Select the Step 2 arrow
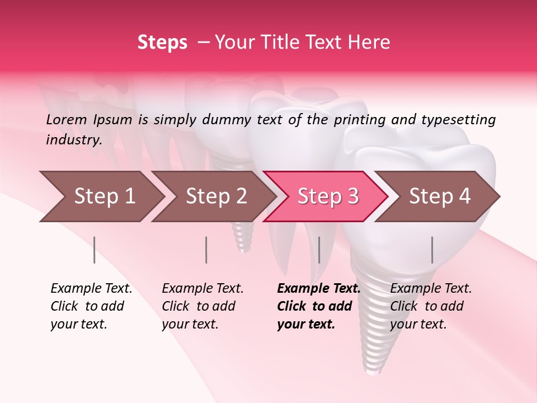tap(215, 196)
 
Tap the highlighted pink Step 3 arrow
tap(327, 196)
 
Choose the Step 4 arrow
tap(439, 196)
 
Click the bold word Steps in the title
tap(162, 42)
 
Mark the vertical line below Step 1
tap(94, 250)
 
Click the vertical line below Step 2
tap(206, 250)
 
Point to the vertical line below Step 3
tap(319, 250)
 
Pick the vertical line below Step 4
tap(432, 250)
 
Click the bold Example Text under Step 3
tap(319, 289)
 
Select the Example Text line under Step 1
tap(91, 289)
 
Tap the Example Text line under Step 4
tap(431, 289)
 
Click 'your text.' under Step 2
tap(190, 324)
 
